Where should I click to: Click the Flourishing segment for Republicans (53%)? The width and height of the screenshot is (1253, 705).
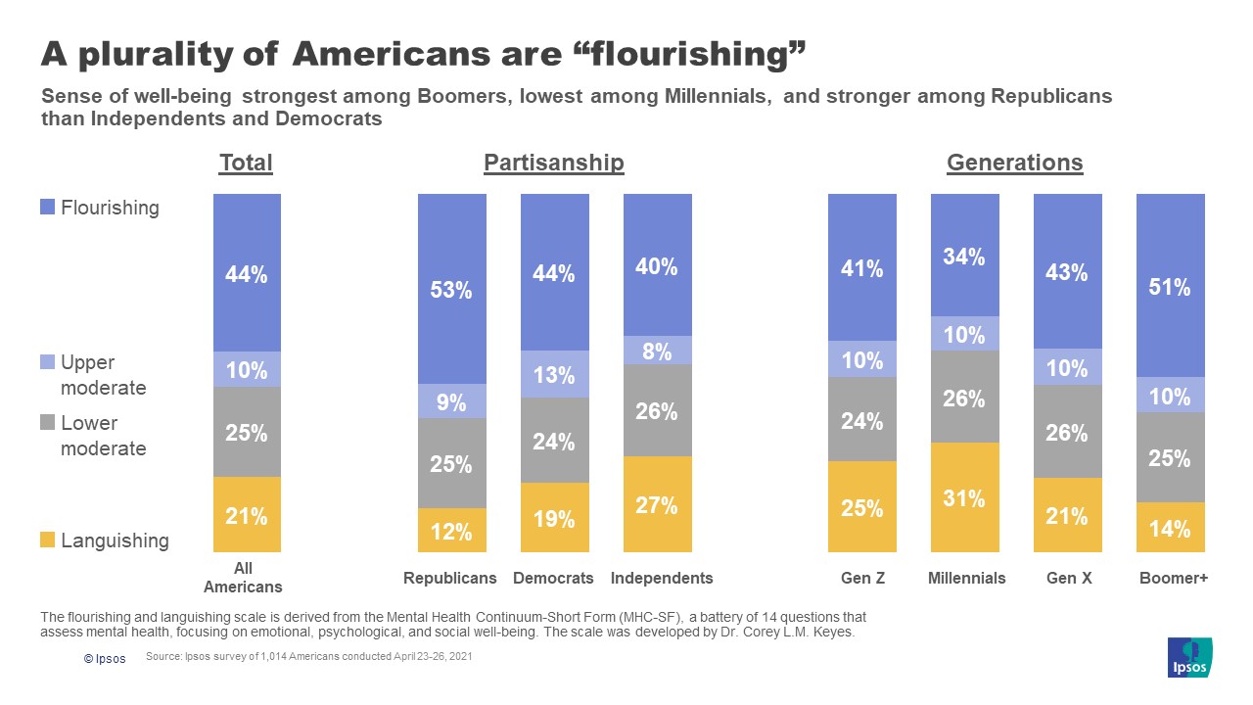(451, 289)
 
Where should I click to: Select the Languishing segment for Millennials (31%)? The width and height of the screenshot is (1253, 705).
(964, 497)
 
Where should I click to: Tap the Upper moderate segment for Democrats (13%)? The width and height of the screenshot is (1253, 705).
(554, 374)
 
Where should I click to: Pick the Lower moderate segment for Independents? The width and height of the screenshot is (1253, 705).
(657, 410)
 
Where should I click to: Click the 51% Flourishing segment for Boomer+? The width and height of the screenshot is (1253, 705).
(1170, 286)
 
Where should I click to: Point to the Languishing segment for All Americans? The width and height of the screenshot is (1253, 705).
(247, 515)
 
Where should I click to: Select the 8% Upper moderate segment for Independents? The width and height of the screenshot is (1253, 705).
(657, 351)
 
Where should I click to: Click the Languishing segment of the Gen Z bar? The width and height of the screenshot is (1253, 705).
(861, 507)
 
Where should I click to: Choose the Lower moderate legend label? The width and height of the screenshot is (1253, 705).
(103, 436)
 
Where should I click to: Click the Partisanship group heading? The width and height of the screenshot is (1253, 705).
(553, 163)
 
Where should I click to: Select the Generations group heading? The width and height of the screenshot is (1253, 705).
(1014, 163)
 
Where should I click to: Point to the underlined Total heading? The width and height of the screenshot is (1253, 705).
(246, 163)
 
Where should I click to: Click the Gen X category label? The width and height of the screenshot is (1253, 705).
(1068, 578)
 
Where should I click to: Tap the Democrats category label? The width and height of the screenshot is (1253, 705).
(553, 578)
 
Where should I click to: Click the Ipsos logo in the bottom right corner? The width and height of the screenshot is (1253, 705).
(1190, 657)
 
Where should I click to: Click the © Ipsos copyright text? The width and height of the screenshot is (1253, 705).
(104, 659)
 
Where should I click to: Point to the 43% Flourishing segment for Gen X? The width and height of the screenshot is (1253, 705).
(1067, 271)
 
